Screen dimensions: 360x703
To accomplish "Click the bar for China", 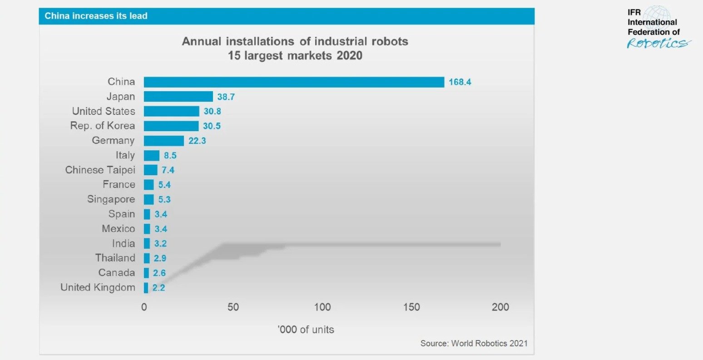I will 294,82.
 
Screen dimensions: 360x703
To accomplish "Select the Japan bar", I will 178,97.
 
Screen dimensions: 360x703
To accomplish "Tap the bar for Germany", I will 163,141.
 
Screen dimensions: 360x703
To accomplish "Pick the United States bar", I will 171,111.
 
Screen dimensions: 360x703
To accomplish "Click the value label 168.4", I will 460,82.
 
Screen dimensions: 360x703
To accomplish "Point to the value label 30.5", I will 211,126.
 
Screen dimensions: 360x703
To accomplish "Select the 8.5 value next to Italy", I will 170,155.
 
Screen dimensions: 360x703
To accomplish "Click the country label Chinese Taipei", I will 100,170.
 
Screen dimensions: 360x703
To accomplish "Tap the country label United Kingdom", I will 98,287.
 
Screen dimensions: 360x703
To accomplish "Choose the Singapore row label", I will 111,199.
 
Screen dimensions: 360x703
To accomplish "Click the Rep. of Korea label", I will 102,126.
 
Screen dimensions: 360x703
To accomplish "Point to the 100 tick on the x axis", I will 322,307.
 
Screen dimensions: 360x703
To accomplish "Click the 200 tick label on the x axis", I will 500,307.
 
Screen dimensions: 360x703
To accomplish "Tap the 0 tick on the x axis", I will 144,307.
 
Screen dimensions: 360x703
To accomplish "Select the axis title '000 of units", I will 306,330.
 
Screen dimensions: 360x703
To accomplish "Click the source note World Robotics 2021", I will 474,343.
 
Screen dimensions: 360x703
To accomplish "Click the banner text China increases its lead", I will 96,16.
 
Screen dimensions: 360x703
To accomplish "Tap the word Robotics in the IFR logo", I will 658,43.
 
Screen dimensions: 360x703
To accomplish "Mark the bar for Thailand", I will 147,258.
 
